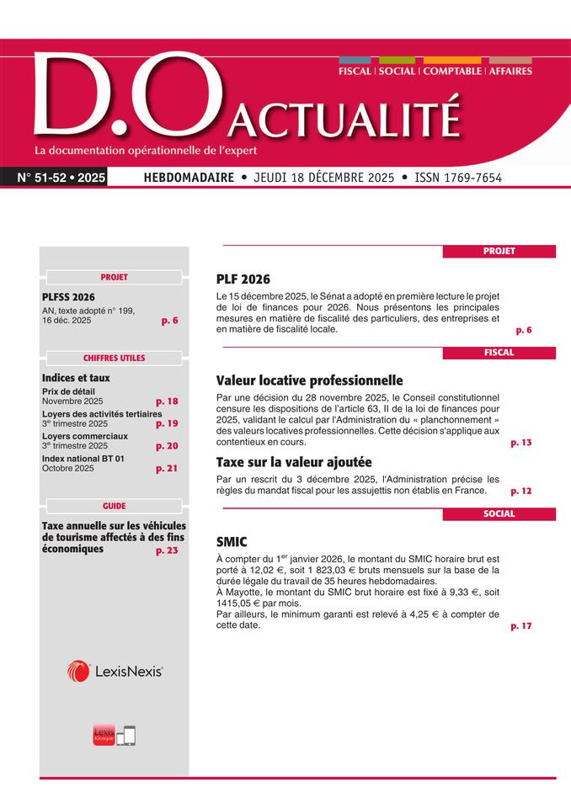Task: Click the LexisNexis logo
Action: pos(115,671)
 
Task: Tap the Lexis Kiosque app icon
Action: pos(104,735)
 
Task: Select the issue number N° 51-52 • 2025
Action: pos(61,178)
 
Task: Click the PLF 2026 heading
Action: pos(243,279)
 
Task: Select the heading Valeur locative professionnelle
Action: pos(310,380)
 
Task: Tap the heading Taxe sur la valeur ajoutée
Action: pos(294,462)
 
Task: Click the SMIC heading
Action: pos(232,543)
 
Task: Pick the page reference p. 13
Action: pos(521,442)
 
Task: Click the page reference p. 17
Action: pos(521,625)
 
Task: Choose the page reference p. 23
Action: pos(167,550)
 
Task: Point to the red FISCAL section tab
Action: pos(499,353)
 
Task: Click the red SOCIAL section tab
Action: pos(499,514)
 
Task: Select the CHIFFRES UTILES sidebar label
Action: pos(114,358)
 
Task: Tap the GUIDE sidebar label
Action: pos(114,506)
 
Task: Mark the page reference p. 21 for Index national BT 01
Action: pos(167,468)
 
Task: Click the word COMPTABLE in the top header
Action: pos(452,72)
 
